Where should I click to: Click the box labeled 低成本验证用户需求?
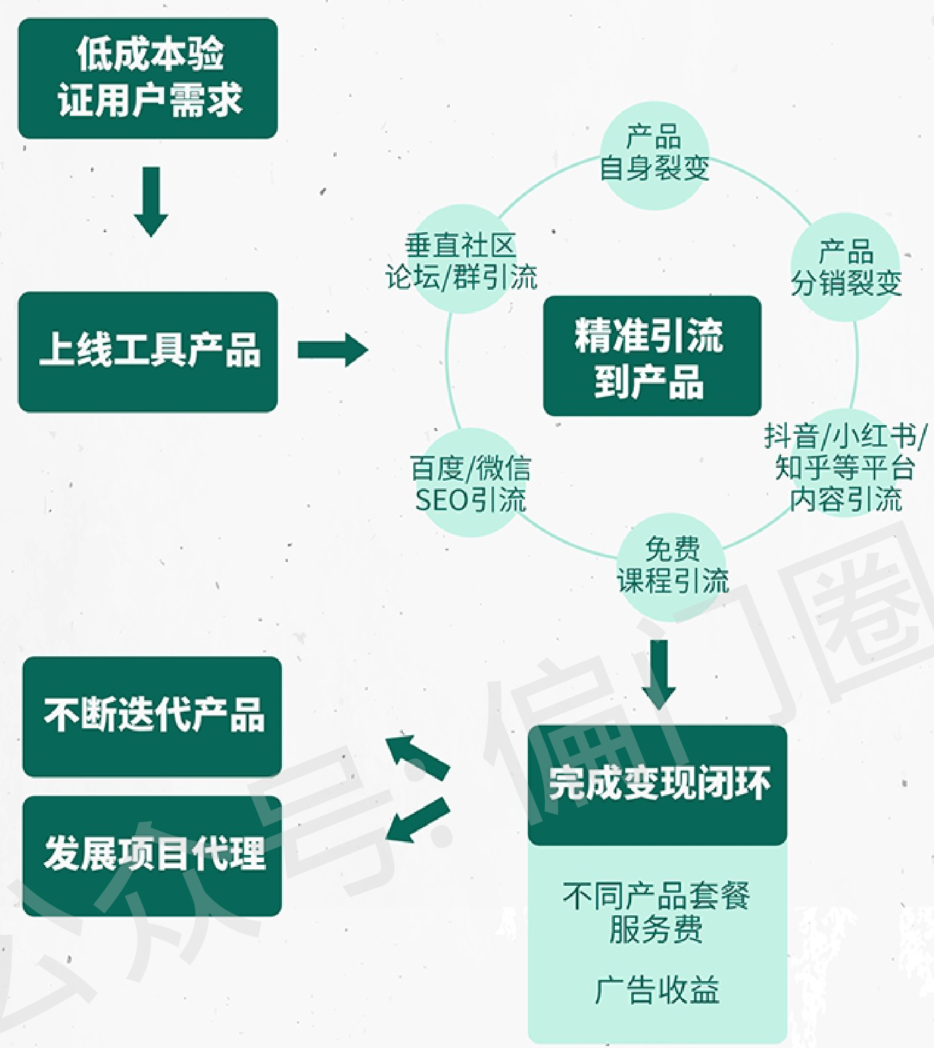(x=148, y=78)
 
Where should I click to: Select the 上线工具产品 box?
(x=148, y=351)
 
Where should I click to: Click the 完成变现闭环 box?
(x=657, y=784)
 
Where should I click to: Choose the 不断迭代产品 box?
(x=152, y=716)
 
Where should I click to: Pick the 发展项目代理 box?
(x=152, y=855)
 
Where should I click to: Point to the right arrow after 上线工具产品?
(x=332, y=350)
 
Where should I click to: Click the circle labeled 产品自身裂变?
(x=655, y=154)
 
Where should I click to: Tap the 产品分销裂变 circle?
(x=846, y=267)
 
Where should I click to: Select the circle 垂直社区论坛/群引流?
(x=462, y=262)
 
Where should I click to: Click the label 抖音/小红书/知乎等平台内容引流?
(x=845, y=467)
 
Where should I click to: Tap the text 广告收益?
(x=657, y=989)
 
